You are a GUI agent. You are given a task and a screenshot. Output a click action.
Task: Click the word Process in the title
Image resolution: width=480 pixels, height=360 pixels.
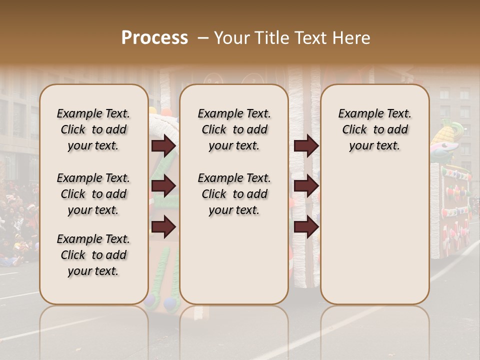tap(154, 38)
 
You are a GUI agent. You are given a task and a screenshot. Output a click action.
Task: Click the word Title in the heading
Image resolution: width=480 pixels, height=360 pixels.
tap(269, 38)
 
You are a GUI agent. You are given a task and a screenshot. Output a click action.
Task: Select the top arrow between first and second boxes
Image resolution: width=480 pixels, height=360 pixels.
tap(163, 146)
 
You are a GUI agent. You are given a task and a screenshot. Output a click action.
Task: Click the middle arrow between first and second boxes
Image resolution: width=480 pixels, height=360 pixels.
tap(163, 186)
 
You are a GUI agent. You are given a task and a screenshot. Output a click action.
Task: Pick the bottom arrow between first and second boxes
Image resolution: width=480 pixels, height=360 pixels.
tap(163, 227)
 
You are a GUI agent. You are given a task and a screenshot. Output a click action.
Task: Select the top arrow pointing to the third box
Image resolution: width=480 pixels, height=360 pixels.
tap(306, 146)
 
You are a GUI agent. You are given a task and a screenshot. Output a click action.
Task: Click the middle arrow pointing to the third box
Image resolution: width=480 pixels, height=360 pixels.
tap(306, 186)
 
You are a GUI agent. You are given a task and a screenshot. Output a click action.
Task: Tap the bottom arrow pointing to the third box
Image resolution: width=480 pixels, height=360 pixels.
tap(306, 227)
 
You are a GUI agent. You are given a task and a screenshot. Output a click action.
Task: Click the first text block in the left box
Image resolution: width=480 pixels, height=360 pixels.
tap(93, 129)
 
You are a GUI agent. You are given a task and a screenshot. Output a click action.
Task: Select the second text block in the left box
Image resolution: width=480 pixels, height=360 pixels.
tap(93, 194)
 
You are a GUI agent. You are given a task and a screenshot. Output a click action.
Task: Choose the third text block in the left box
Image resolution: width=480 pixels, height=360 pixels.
tap(93, 255)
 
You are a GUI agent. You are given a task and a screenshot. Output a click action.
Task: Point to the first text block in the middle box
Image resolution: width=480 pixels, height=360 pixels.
tap(234, 129)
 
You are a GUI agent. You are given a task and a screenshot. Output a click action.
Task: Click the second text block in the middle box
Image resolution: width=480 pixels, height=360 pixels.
tap(234, 194)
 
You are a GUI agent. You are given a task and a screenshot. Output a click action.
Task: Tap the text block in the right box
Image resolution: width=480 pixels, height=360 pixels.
tap(375, 129)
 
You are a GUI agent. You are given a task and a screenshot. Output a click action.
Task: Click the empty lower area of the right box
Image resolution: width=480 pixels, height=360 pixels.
tap(375, 235)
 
